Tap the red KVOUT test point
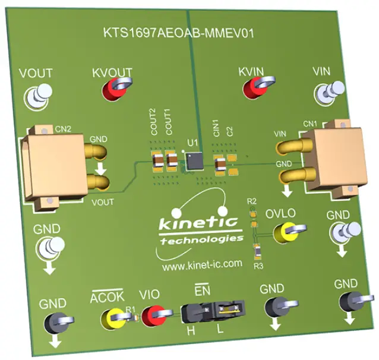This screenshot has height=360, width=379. pyautogui.click(x=112, y=90)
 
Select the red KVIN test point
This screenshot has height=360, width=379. pyautogui.click(x=255, y=89)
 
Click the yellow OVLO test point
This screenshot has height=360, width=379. pyautogui.click(x=289, y=230)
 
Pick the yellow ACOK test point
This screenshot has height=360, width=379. pyautogui.click(x=112, y=317)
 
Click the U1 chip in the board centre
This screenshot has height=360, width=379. pyautogui.click(x=194, y=159)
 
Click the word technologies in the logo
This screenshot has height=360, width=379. pyautogui.click(x=201, y=239)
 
